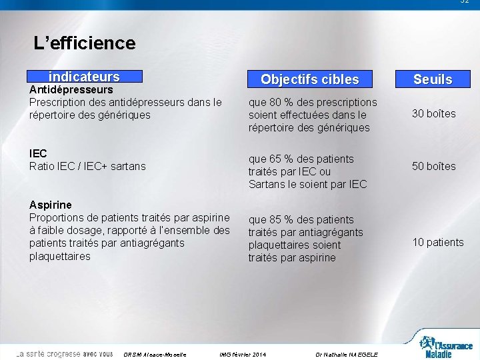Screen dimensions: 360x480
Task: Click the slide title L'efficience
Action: click(85, 43)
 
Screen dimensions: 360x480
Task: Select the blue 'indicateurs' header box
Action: click(84, 77)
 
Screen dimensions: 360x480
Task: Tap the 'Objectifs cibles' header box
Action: click(309, 79)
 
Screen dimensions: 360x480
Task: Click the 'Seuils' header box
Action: click(433, 79)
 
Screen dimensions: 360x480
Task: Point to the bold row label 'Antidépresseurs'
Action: click(71, 89)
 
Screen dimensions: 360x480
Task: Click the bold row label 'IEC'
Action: click(38, 153)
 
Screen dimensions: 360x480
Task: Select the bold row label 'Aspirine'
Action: click(51, 205)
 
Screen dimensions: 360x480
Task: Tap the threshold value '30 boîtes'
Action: click(434, 113)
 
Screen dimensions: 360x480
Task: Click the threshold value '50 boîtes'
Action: click(434, 166)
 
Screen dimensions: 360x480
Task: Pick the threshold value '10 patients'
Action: click(438, 242)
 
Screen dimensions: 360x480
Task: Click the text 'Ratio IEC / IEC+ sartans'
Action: click(87, 166)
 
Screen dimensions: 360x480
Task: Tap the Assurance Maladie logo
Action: click(445, 347)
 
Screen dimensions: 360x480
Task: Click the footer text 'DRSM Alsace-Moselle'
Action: click(155, 354)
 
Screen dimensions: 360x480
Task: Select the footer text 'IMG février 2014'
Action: click(243, 354)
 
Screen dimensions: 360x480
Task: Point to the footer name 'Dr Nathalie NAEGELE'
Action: click(347, 354)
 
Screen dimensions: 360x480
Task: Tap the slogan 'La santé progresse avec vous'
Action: click(65, 354)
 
